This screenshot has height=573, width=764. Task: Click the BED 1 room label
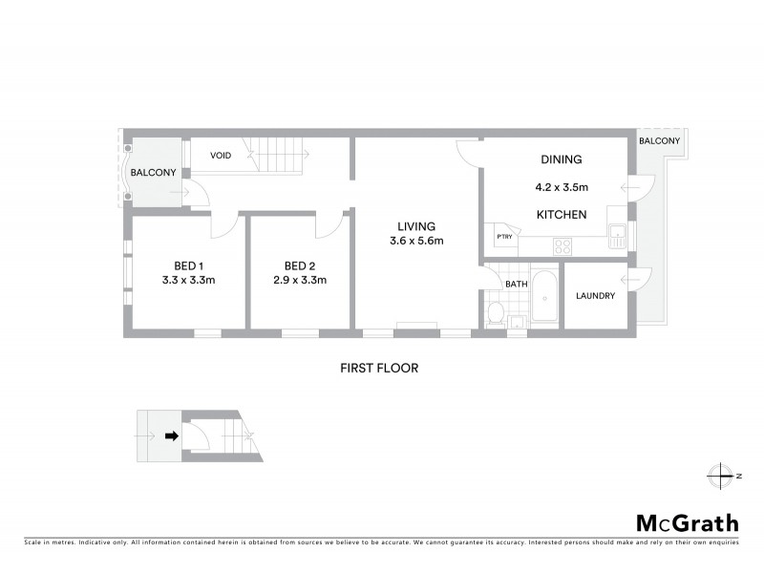coord(187,265)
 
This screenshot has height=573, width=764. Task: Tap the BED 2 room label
coord(299,265)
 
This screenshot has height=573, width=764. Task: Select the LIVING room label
coord(417,226)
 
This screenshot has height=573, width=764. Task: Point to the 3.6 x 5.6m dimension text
coord(417,241)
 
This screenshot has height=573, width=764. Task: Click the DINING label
coord(561,159)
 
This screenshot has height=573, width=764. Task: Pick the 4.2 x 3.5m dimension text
coord(561,188)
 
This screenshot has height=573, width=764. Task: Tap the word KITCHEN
coord(561,215)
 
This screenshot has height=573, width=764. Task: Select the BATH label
coord(517,284)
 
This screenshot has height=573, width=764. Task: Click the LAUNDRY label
coord(595,296)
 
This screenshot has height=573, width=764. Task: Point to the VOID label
coord(221,155)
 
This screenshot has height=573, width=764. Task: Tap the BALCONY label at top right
coord(660,141)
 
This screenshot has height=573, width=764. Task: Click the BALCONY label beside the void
coord(154,173)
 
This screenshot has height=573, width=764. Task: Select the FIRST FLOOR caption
coord(380,368)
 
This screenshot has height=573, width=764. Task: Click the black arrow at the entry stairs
coord(172,436)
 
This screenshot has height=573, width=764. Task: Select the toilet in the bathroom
coord(495,313)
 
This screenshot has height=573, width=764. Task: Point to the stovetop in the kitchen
coord(562,245)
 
